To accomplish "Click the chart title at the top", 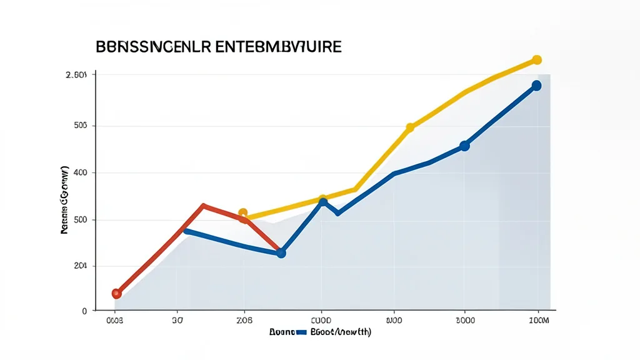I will (219, 47).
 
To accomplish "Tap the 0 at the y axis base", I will (84, 311).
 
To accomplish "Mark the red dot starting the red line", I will (116, 293).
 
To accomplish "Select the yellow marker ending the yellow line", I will (536, 60).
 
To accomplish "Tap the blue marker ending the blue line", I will (536, 86).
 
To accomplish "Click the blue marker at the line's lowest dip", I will (281, 253).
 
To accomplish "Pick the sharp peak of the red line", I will (204, 205).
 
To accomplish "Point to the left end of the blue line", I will (185, 231).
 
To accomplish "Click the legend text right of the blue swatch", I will (341, 332).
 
